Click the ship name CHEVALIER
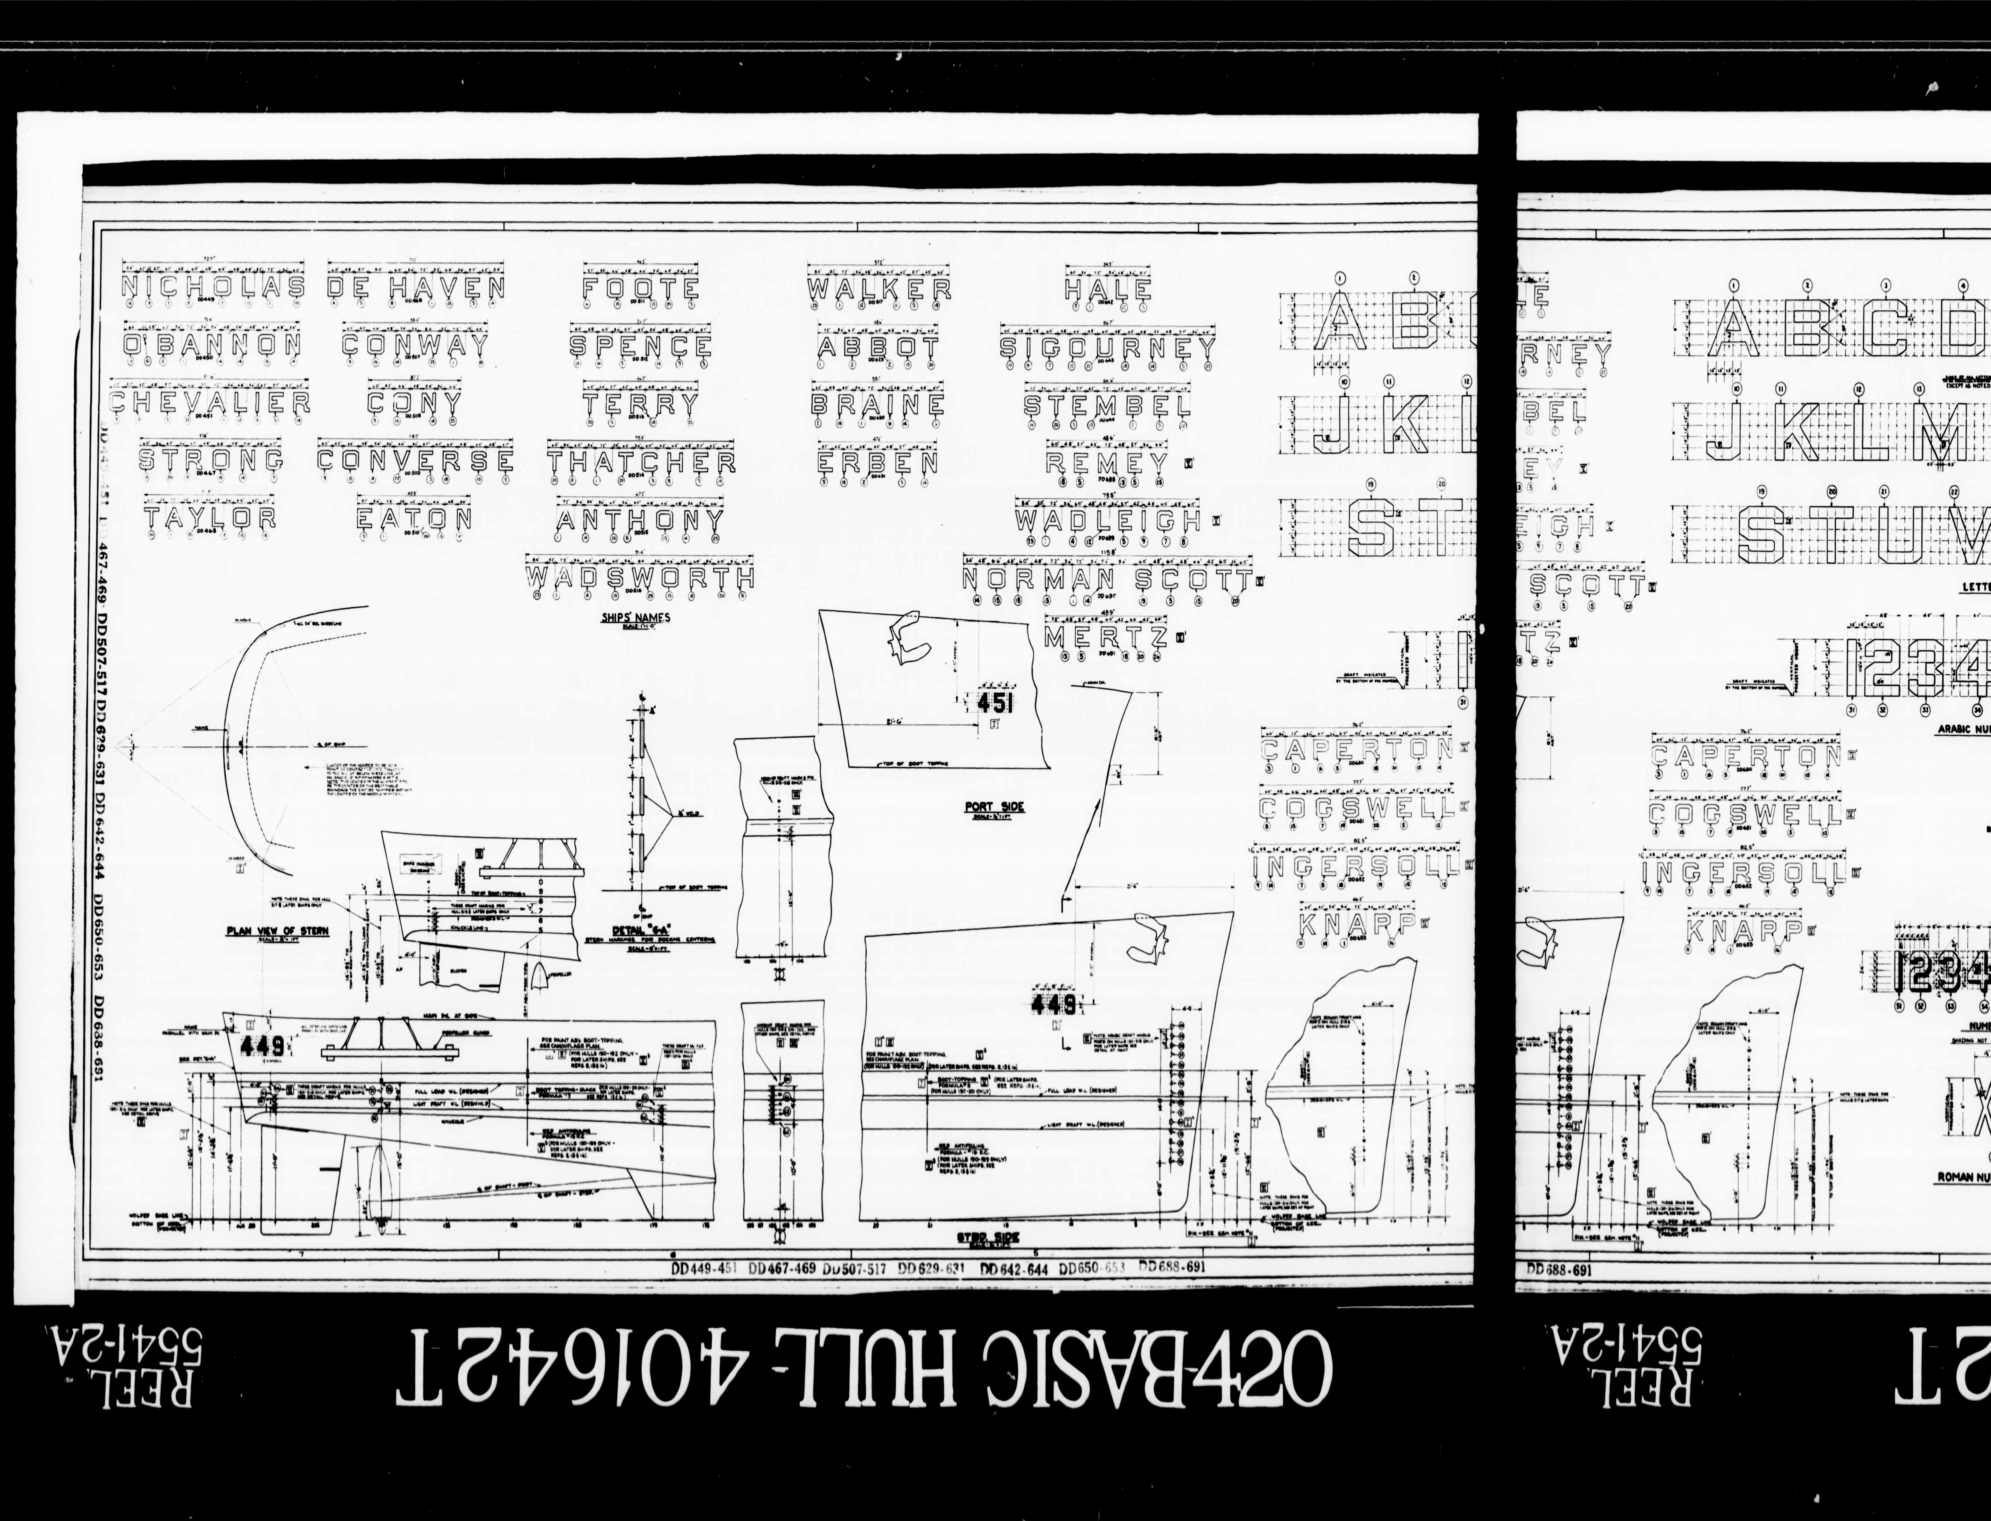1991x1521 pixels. tap(210, 403)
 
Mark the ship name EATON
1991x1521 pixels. tap(414, 519)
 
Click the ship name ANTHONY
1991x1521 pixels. tap(640, 521)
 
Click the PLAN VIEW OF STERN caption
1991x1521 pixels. tap(277, 931)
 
